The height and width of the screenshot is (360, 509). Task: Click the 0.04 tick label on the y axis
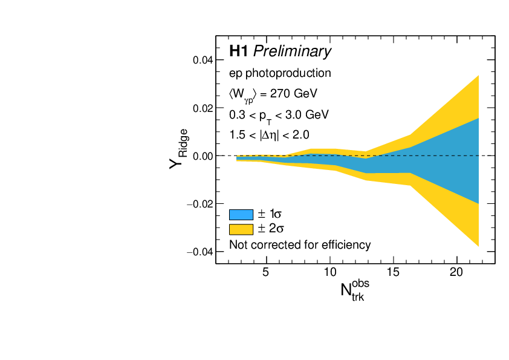pyautogui.click(x=201, y=61)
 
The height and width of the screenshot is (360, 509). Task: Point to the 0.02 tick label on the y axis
pyautogui.click(x=201, y=108)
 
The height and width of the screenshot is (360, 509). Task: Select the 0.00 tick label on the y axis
pyautogui.click(x=201, y=156)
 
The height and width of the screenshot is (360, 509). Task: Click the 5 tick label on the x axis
pyautogui.click(x=266, y=272)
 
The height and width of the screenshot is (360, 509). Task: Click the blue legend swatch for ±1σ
pyautogui.click(x=241, y=214)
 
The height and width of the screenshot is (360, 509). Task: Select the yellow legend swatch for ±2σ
pyautogui.click(x=241, y=229)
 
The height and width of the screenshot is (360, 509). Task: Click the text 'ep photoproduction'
pyautogui.click(x=280, y=74)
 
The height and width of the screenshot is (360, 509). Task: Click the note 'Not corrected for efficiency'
pyautogui.click(x=300, y=245)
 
